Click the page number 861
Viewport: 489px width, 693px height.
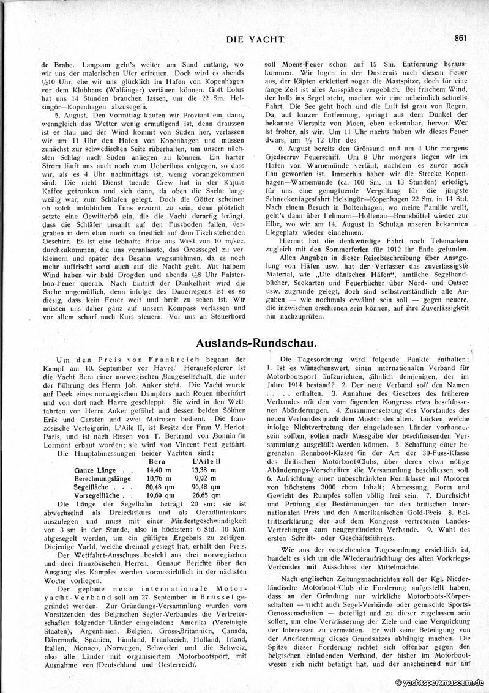coord(461,37)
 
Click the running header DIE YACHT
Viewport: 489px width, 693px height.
coord(256,39)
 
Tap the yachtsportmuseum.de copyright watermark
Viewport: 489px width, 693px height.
coord(440,682)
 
